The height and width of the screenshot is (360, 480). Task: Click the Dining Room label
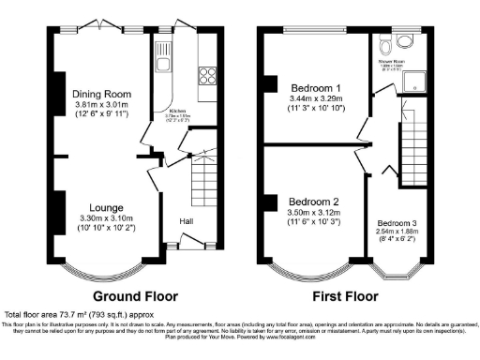pos(102,94)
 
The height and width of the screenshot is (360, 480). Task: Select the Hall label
pos(187,221)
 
